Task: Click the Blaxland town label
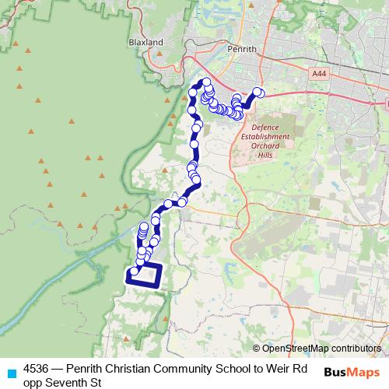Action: pyautogui.click(x=147, y=42)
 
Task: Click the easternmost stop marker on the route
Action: pyautogui.click(x=259, y=93)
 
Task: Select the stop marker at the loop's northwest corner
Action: pyautogui.click(x=134, y=272)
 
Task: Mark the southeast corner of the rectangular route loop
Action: pyautogui.click(x=159, y=286)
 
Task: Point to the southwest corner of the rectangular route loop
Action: pyautogui.click(x=128, y=285)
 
